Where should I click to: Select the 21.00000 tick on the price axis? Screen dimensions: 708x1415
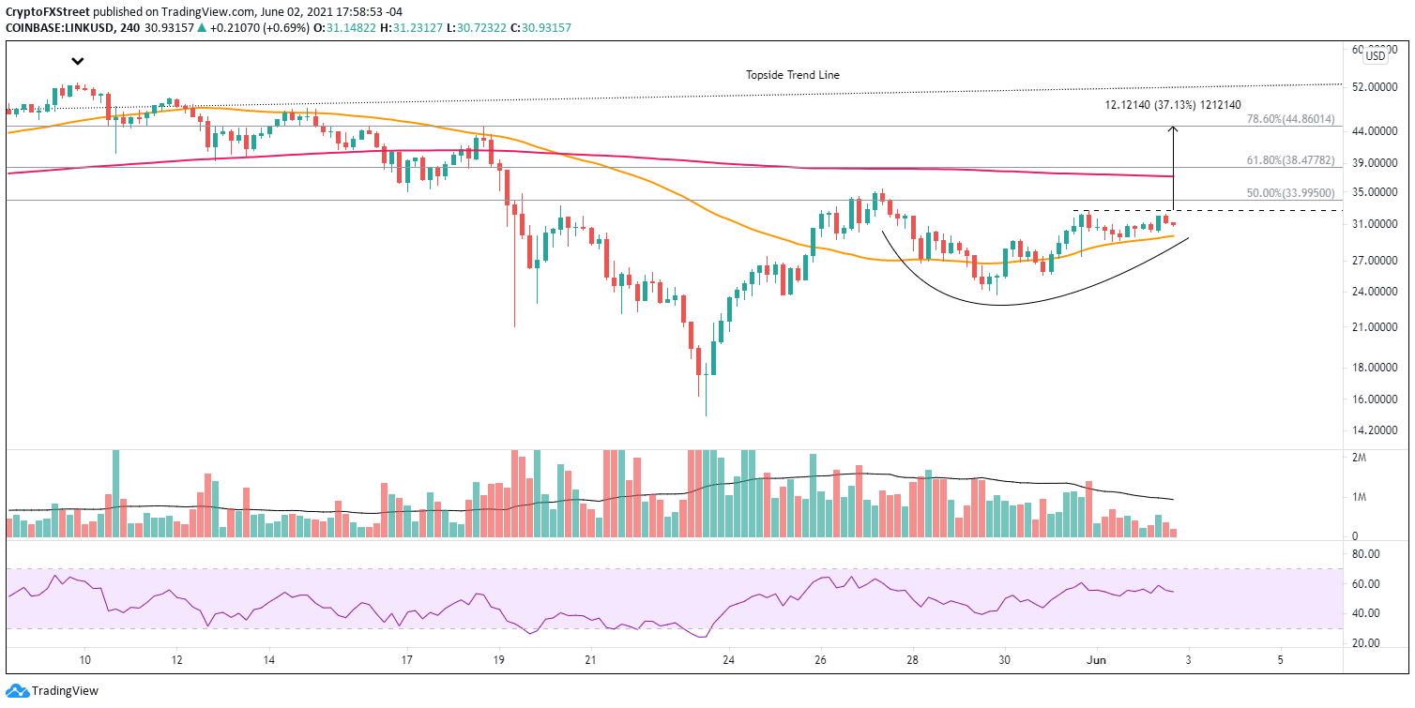(x=1376, y=327)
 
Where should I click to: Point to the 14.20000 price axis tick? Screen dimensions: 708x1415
(x=1376, y=430)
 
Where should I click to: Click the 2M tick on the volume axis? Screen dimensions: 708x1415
(x=1358, y=457)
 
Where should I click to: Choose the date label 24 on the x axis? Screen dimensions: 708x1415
(x=728, y=660)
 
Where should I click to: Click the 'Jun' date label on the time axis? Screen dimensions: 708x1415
(x=1097, y=660)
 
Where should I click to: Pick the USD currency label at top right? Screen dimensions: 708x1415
(x=1375, y=56)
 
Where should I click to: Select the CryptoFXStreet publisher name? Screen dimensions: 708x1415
(x=47, y=9)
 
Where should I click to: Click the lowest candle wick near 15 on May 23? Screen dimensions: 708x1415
(x=705, y=413)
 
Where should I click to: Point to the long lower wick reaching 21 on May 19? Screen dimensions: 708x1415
(x=515, y=324)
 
